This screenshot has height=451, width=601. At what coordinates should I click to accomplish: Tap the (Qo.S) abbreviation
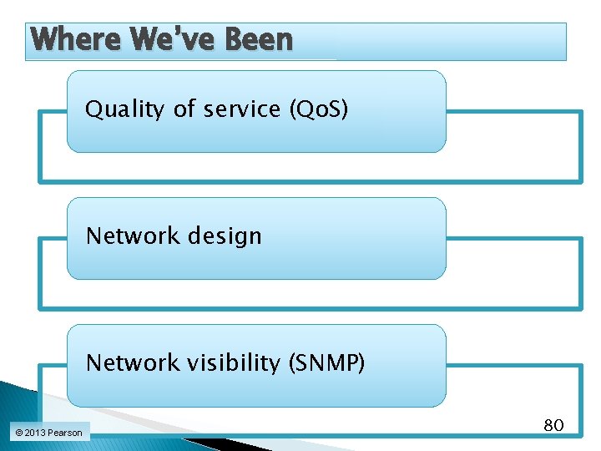tap(318, 109)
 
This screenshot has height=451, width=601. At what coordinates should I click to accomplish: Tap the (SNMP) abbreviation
tap(326, 363)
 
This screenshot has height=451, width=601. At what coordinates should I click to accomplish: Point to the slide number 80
tap(553, 425)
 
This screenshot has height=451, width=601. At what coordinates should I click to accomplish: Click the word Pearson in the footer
tap(65, 433)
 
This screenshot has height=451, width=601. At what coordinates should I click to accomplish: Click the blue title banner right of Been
tap(434, 41)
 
